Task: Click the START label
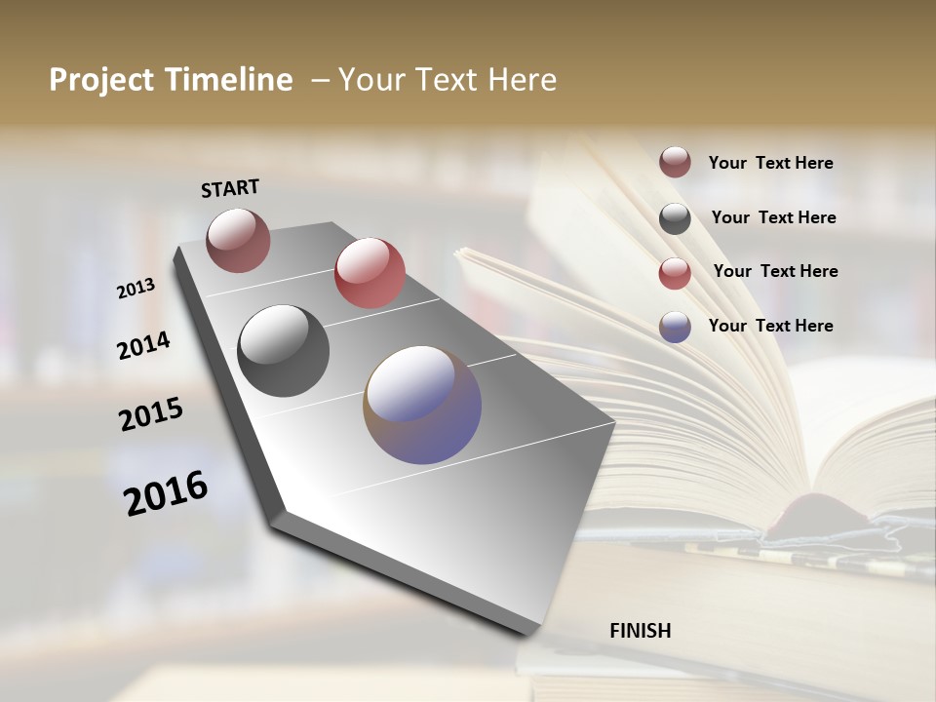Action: (x=230, y=188)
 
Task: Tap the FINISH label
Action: (x=641, y=631)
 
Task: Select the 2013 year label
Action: (x=136, y=289)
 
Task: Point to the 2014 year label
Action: (x=144, y=345)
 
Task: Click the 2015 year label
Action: (x=151, y=414)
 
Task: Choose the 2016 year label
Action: (x=166, y=492)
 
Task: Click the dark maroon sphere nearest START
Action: (x=238, y=240)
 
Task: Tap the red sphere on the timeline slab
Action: (x=370, y=273)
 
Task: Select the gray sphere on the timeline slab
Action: (x=283, y=351)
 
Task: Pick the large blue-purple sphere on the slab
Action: (x=422, y=405)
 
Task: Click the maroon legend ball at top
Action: (x=675, y=163)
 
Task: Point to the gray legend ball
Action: (x=675, y=218)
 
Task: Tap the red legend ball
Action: (x=675, y=273)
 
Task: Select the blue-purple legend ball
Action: (x=675, y=328)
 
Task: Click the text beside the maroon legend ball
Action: (x=770, y=164)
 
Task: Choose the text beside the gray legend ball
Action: (x=773, y=217)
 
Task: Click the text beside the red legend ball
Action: (x=775, y=271)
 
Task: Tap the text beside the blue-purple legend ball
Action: (x=770, y=326)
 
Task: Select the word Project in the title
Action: (x=95, y=81)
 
